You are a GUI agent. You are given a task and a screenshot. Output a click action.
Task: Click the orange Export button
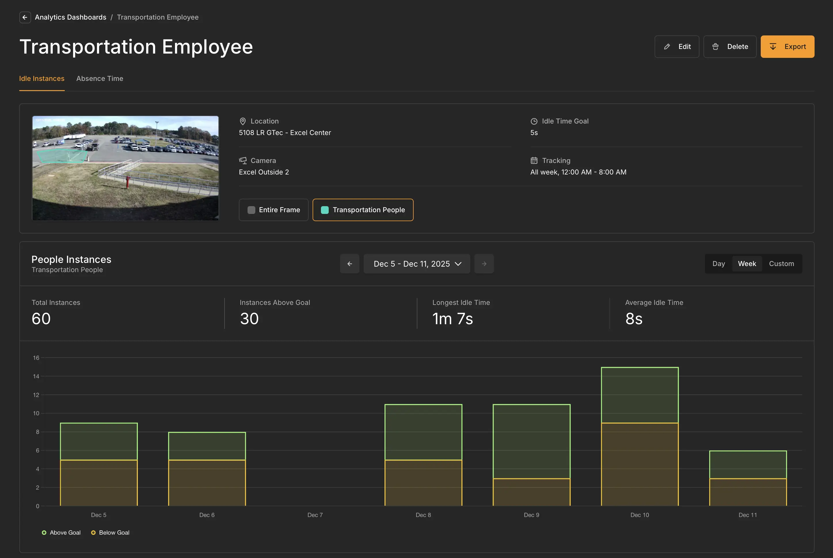coord(787,47)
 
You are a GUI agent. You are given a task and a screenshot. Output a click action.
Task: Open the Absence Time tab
coord(100,79)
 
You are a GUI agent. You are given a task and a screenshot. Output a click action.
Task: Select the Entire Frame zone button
coord(273,210)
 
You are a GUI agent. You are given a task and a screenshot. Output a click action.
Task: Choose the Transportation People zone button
coord(363,210)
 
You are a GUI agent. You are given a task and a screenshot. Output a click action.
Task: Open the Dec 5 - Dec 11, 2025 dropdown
coord(417,264)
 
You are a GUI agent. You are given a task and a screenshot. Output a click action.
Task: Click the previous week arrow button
coord(350,264)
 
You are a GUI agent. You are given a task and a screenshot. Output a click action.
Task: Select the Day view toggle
coord(718,264)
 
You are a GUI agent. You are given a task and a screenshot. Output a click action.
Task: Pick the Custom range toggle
coord(781,264)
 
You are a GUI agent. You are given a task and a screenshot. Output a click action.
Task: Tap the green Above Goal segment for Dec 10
coord(640,395)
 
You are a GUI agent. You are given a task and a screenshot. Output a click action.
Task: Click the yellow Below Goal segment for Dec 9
coord(531,492)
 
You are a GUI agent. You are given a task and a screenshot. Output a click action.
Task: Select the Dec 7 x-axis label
coord(315,515)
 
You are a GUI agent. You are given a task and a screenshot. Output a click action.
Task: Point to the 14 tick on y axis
coord(36,376)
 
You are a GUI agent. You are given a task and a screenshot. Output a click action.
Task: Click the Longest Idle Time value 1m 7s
coord(452,319)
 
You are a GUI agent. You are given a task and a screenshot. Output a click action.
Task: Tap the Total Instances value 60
coord(41,319)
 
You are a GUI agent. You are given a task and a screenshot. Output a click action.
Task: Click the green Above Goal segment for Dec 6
coord(207,446)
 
